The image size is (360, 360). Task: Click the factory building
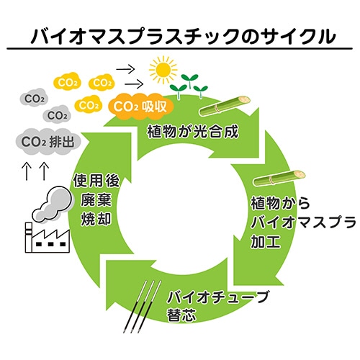(x=49, y=234)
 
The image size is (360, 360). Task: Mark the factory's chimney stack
(x=28, y=231)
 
